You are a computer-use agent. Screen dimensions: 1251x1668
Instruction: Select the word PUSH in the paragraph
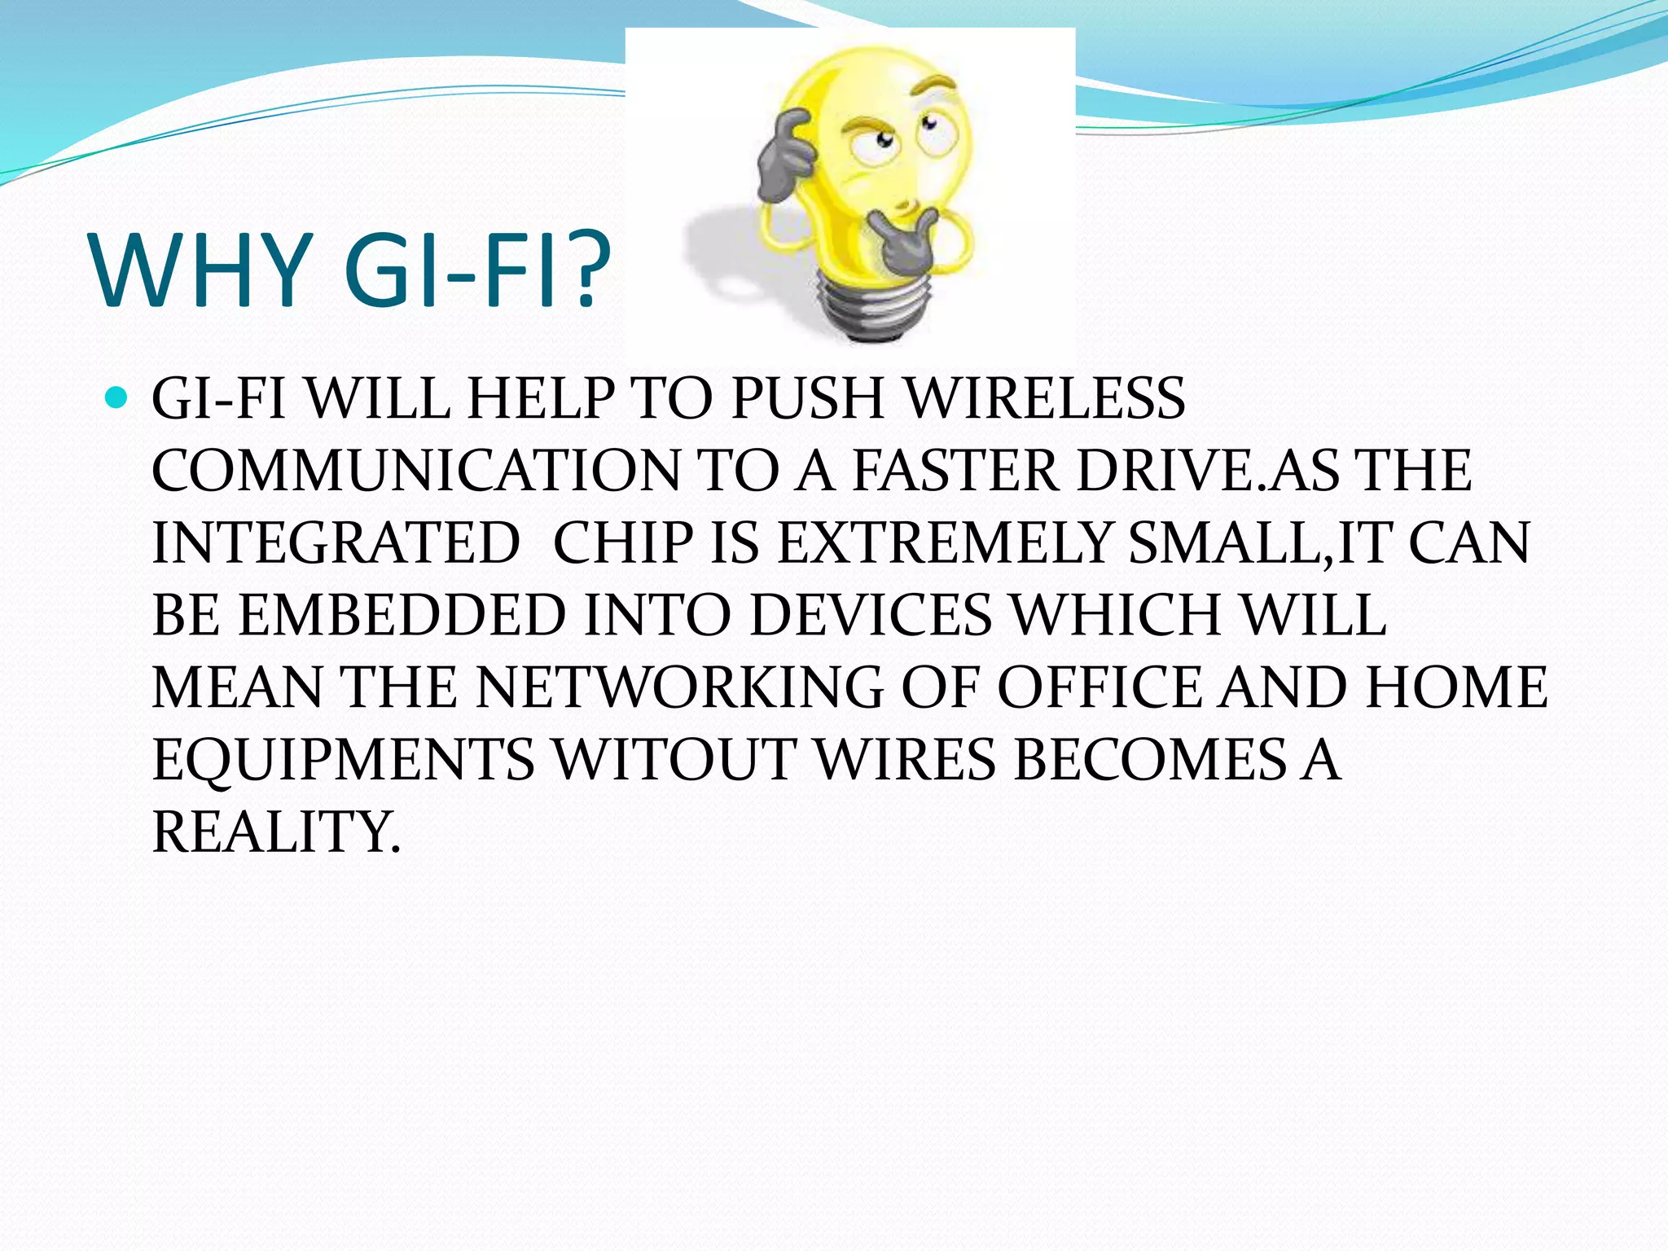click(807, 399)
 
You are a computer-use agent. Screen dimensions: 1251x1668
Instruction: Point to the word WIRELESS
click(1046, 399)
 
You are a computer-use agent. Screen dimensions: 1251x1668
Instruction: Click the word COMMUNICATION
click(415, 471)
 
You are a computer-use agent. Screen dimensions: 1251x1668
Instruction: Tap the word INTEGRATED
click(336, 543)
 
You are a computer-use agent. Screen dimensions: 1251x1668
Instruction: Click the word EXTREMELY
click(945, 543)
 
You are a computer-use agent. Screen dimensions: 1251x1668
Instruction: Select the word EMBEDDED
click(402, 615)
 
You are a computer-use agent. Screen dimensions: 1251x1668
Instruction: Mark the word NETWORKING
click(680, 687)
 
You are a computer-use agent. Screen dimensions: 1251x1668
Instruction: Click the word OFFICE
click(1099, 687)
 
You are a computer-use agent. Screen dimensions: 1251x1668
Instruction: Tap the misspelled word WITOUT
click(674, 759)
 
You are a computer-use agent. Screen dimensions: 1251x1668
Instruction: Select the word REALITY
click(277, 832)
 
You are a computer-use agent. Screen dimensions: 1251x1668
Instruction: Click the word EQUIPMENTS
click(343, 759)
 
